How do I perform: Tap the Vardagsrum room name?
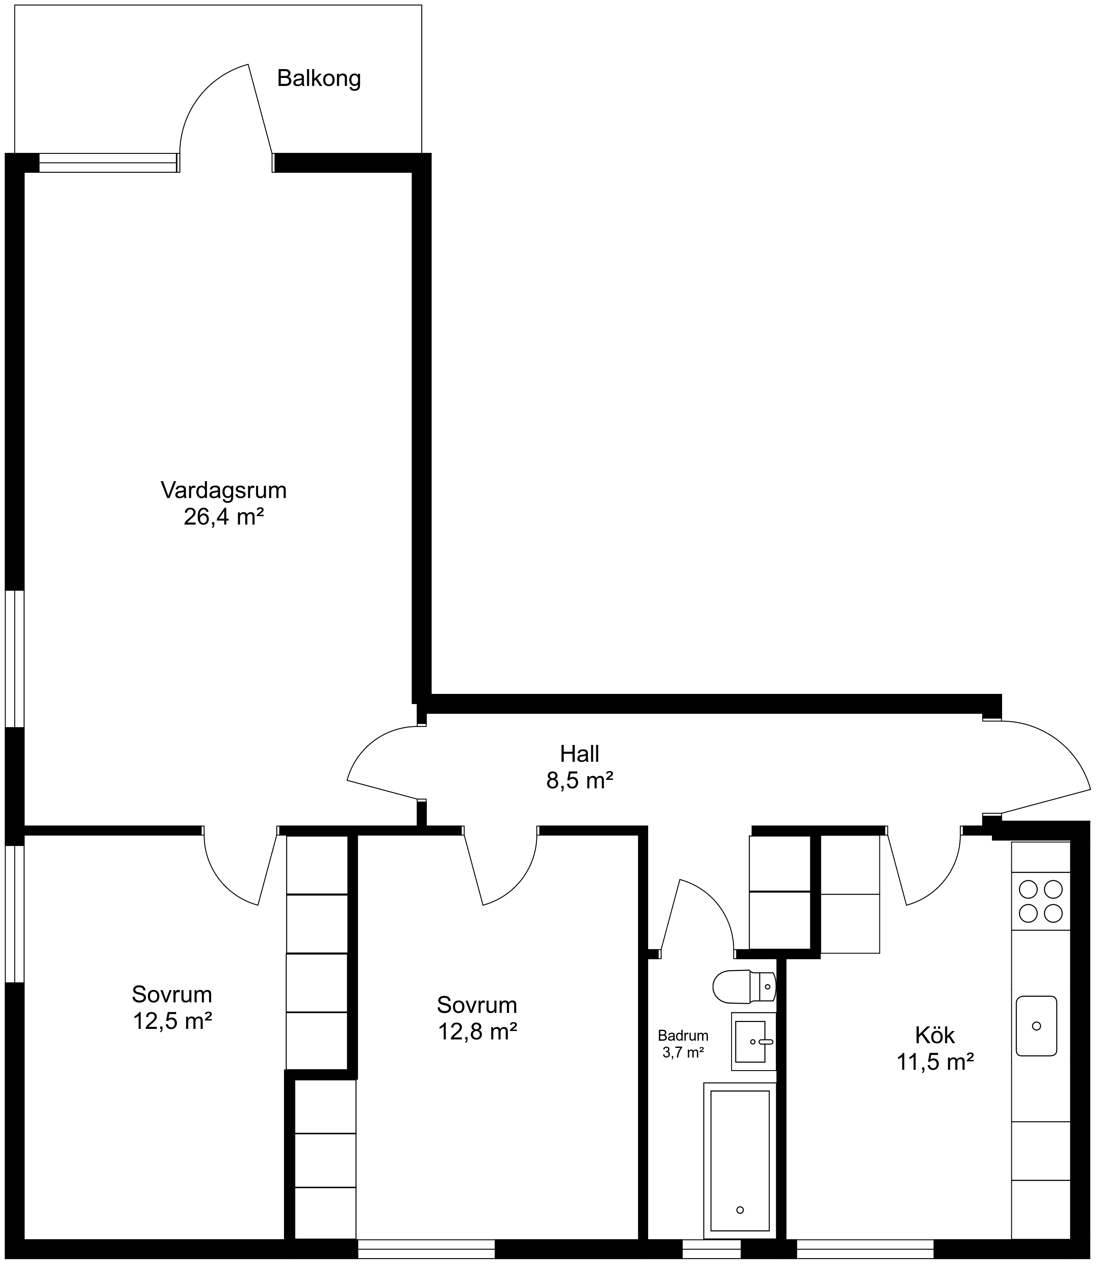click(224, 490)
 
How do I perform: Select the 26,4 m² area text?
click(224, 517)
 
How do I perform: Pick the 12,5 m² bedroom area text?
click(172, 1021)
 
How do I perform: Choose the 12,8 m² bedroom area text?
click(477, 1032)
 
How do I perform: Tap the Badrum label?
click(683, 1036)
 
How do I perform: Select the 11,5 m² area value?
click(935, 1062)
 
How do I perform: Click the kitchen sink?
click(1037, 1026)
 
